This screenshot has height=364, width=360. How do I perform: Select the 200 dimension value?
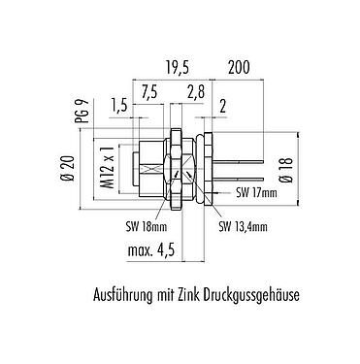[x=241, y=67]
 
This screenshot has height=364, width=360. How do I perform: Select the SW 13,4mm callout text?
[x=244, y=227]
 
